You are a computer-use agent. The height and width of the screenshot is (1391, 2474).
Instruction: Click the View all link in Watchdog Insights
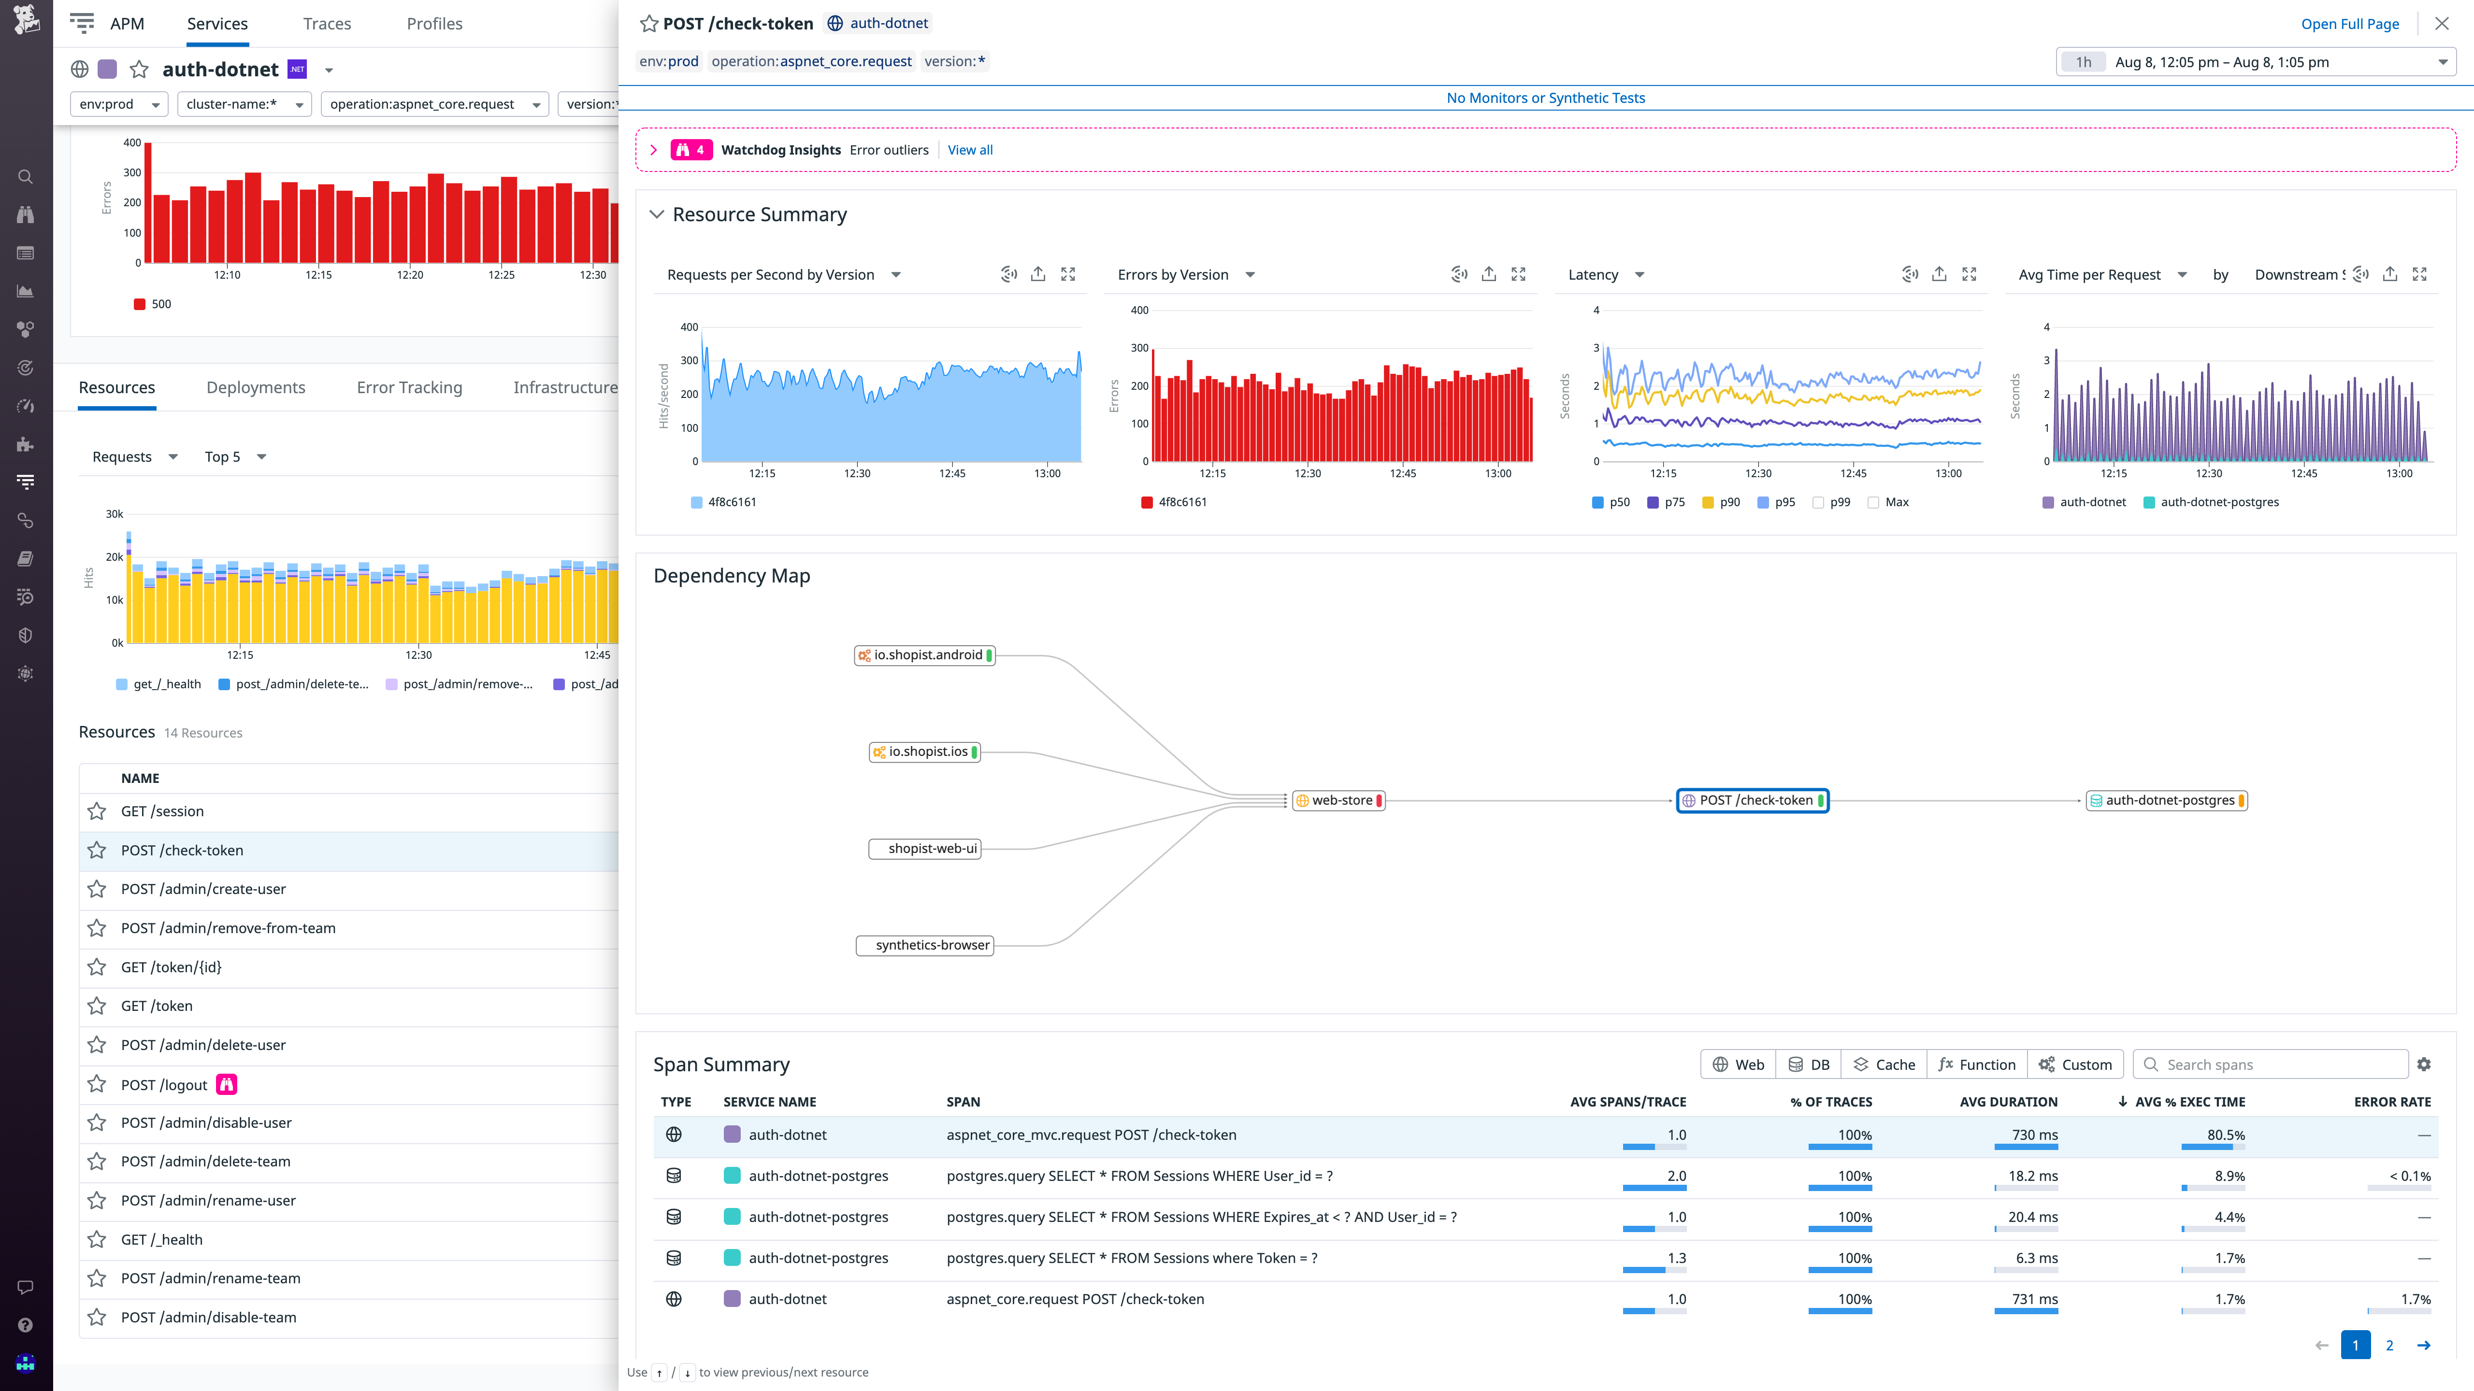click(x=970, y=150)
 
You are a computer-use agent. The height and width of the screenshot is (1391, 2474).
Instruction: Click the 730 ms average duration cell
click(x=2034, y=1135)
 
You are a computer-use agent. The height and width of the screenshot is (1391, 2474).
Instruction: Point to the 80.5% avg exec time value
click(x=2225, y=1135)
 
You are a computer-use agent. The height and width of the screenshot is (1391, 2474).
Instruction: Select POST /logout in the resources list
click(x=164, y=1085)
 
